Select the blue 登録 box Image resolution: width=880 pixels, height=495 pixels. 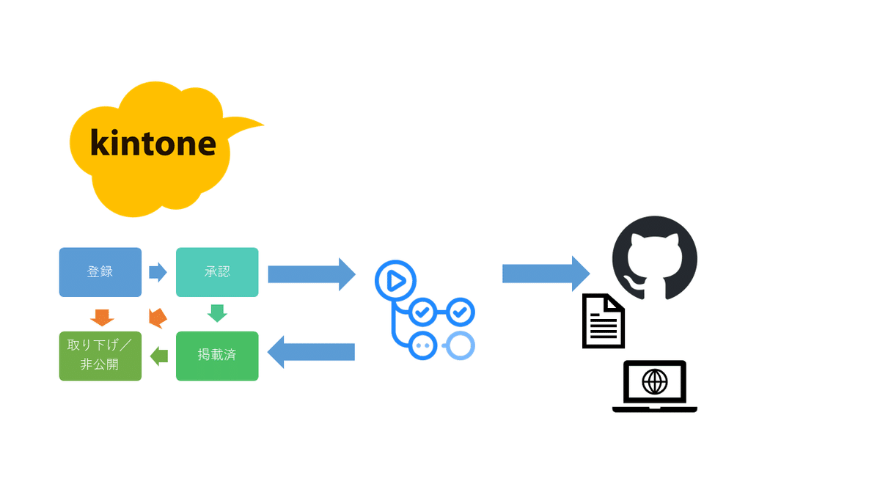coord(100,272)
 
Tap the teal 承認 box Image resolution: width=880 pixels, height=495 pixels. coord(217,272)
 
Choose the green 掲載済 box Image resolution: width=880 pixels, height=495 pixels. coord(217,356)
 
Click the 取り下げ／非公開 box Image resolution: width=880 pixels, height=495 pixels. coord(100,356)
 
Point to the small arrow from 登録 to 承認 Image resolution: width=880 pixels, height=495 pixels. coord(158,272)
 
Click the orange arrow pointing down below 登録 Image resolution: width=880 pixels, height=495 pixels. coord(102,317)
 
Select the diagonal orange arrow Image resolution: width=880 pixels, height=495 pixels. coord(157,318)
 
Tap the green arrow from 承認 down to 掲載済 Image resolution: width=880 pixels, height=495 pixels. coord(217,313)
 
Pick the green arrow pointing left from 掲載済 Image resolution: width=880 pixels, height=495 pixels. coord(158,356)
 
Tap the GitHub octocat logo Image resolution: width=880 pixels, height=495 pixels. coord(654,257)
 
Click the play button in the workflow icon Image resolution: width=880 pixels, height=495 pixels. coord(395,280)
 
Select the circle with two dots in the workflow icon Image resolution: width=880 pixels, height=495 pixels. coord(421,345)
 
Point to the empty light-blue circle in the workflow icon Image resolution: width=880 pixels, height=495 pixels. coord(461,345)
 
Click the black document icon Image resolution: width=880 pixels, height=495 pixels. coord(604,321)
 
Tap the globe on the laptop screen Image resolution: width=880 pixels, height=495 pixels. coord(654,381)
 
